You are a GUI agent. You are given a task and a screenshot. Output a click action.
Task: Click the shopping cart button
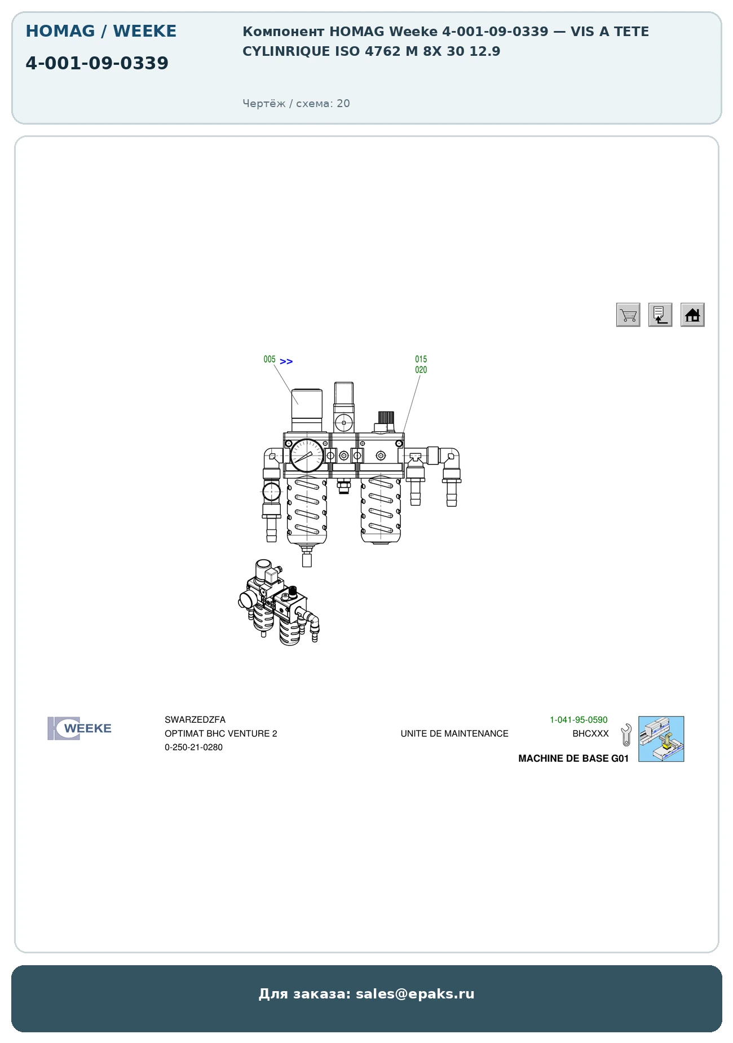coord(628,315)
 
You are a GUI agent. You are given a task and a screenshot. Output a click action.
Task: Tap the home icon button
coord(692,315)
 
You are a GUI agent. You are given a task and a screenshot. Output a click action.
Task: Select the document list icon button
coord(660,315)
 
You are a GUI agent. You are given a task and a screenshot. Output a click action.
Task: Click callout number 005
coord(270,360)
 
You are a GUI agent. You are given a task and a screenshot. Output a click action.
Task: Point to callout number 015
coord(421,359)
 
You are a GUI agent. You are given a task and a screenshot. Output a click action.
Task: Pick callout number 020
coord(421,370)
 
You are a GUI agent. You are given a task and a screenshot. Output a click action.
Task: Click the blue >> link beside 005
coord(286,361)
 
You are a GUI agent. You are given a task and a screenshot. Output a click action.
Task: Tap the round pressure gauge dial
coord(307,456)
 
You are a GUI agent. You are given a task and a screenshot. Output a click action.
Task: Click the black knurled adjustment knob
coord(386,418)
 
